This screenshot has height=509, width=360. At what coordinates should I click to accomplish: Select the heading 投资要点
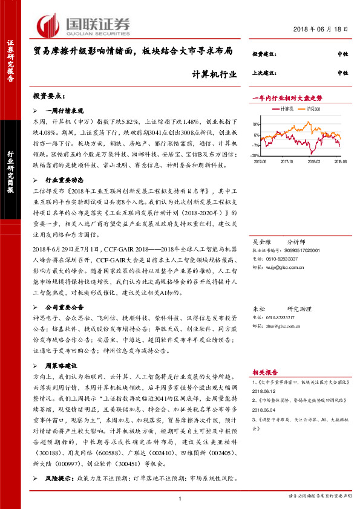(x=48, y=96)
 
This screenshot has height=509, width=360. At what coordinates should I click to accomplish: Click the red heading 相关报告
(x=264, y=372)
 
